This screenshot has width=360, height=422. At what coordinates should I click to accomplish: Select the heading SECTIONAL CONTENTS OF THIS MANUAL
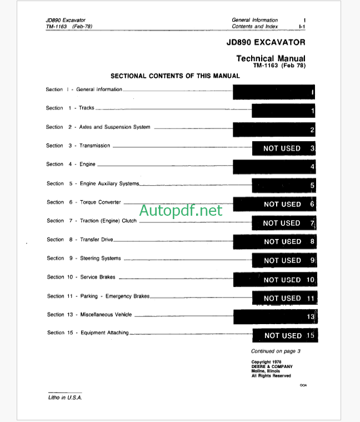click(x=175, y=76)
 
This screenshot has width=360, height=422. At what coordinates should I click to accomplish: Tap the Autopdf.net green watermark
click(x=181, y=211)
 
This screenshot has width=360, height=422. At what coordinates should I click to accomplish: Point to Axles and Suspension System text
click(x=114, y=127)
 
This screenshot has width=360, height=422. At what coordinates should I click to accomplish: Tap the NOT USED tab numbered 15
click(x=285, y=336)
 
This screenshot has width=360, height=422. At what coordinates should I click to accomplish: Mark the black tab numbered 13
click(x=275, y=316)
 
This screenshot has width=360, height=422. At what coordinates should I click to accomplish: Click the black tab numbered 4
click(x=275, y=166)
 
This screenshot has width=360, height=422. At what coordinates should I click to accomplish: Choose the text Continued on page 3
click(x=276, y=351)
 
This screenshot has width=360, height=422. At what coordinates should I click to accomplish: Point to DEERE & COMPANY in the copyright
click(x=272, y=367)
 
